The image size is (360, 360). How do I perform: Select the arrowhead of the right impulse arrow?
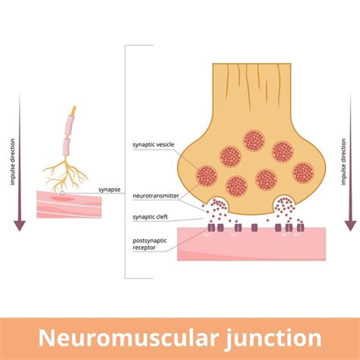[x=350, y=225]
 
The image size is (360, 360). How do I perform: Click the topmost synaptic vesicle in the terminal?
[x=254, y=141]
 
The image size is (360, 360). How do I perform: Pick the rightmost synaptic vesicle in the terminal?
[x=303, y=172]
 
